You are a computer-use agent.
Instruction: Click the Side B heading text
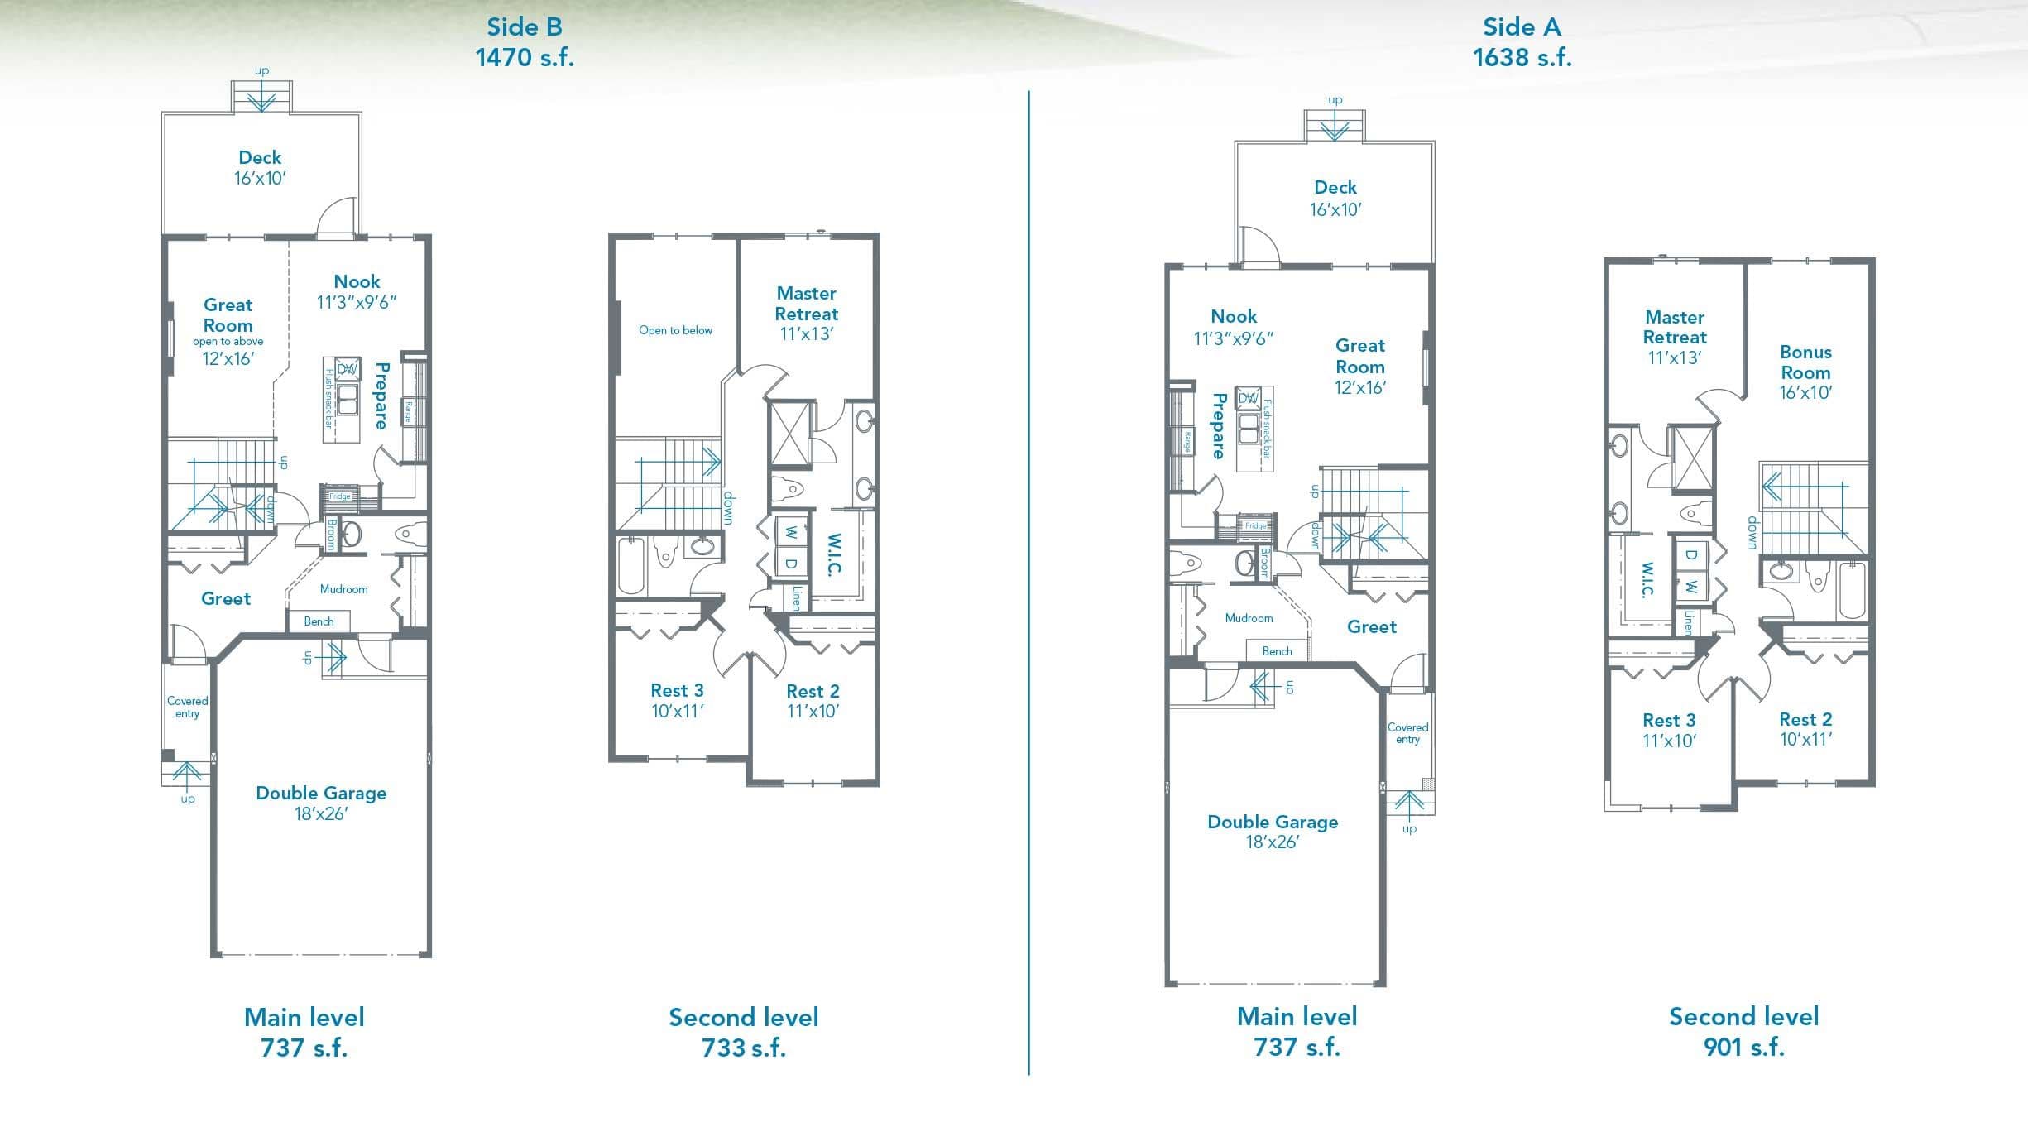pos(525,26)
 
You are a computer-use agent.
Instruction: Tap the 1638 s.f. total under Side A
pos(1522,57)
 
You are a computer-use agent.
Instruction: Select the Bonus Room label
pos(1805,362)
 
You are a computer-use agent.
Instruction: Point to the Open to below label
pos(675,330)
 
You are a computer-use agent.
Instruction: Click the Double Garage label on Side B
pos(321,793)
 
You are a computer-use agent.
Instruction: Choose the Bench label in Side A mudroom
pos(1277,651)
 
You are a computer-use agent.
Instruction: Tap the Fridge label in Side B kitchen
pos(340,496)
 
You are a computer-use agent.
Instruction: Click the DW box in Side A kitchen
pos(1248,398)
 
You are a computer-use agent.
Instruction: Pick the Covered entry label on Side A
pos(1407,733)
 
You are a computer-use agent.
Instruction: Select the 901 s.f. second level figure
pos(1743,1047)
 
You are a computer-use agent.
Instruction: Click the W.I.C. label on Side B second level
pos(835,554)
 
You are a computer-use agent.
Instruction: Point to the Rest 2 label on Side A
pos(1805,719)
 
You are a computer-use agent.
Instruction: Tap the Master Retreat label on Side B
pos(807,303)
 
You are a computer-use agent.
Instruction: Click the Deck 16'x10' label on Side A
pos(1335,198)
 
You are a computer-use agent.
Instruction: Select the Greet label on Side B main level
pos(226,598)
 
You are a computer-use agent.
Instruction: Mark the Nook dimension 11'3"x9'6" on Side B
pos(357,302)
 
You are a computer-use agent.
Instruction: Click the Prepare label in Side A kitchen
pos(1218,425)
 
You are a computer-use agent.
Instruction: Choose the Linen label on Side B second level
pos(796,597)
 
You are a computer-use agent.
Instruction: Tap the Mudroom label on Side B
pos(343,589)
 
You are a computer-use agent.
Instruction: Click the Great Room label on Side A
pos(1360,356)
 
